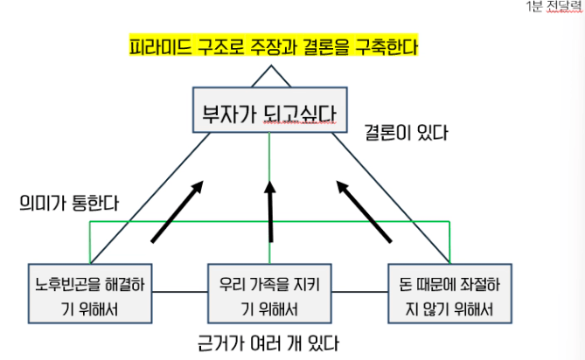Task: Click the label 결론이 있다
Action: tap(406, 134)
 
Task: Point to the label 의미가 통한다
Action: tap(69, 203)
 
